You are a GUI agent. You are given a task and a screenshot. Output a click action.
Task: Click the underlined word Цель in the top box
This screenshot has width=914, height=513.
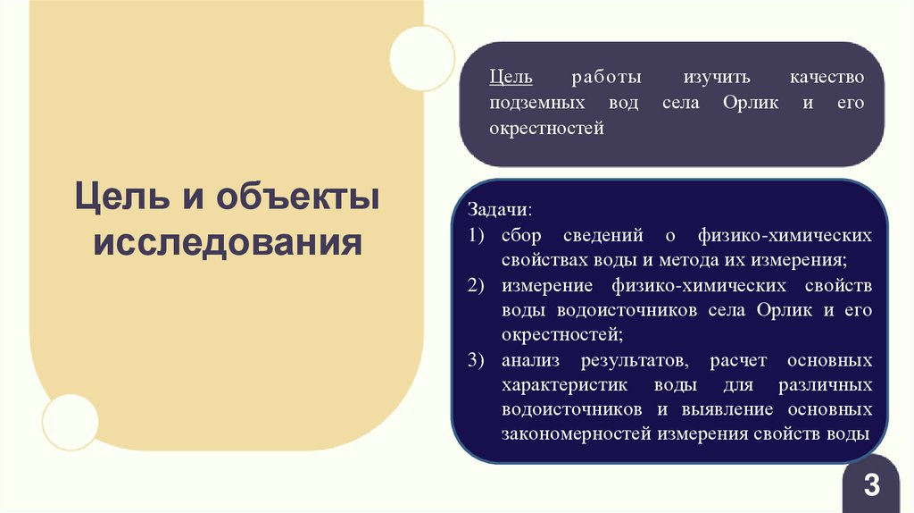point(508,78)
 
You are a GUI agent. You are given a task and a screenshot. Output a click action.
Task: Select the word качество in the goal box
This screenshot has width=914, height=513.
point(829,78)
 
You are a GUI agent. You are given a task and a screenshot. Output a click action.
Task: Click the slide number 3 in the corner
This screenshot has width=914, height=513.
point(871,486)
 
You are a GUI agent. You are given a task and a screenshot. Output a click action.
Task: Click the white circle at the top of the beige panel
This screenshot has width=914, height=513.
point(422,58)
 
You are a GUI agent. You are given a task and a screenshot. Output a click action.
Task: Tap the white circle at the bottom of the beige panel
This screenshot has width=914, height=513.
point(71,421)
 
